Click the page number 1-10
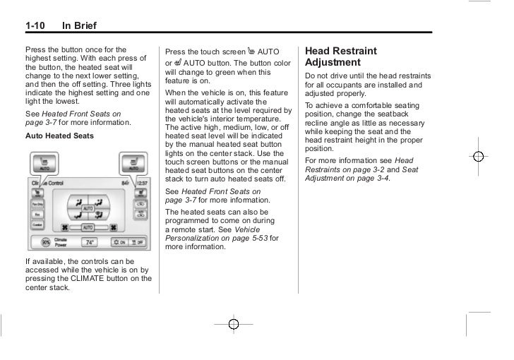click(x=34, y=27)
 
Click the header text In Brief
click(x=80, y=27)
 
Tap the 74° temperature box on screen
click(x=90, y=242)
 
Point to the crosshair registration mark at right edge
click(x=478, y=157)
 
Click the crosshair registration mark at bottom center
click(x=234, y=324)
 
